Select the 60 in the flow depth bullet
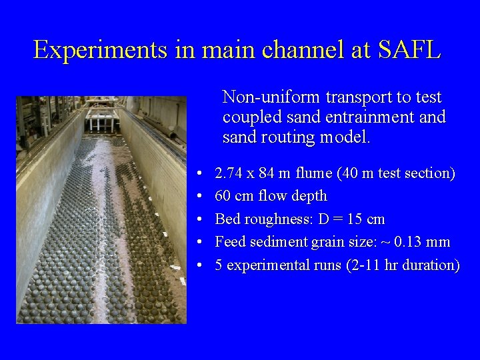(222, 196)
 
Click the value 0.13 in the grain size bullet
(415, 242)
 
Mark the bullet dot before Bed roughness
(201, 219)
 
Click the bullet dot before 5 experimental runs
(201, 265)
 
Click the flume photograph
(101, 210)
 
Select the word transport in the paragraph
(351, 97)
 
